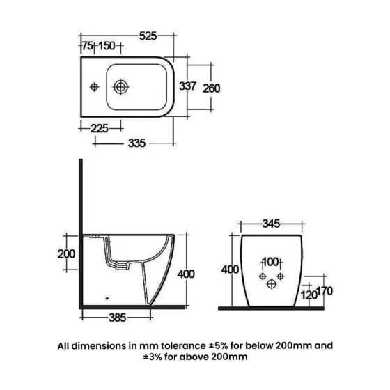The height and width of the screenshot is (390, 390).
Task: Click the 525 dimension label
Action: (x=148, y=36)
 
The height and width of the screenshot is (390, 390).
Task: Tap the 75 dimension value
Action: (x=88, y=46)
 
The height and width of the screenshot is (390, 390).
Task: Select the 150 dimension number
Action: (x=107, y=46)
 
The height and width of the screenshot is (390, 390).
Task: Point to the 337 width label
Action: (x=188, y=86)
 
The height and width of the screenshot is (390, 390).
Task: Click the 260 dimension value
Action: (x=211, y=88)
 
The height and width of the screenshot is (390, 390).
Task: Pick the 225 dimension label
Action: (x=99, y=129)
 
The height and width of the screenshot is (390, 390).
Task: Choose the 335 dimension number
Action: (x=136, y=143)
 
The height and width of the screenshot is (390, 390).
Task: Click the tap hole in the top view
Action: (x=94, y=87)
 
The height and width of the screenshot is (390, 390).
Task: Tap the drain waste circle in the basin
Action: (x=120, y=87)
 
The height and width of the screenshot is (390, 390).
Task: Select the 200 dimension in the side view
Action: (x=66, y=254)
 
